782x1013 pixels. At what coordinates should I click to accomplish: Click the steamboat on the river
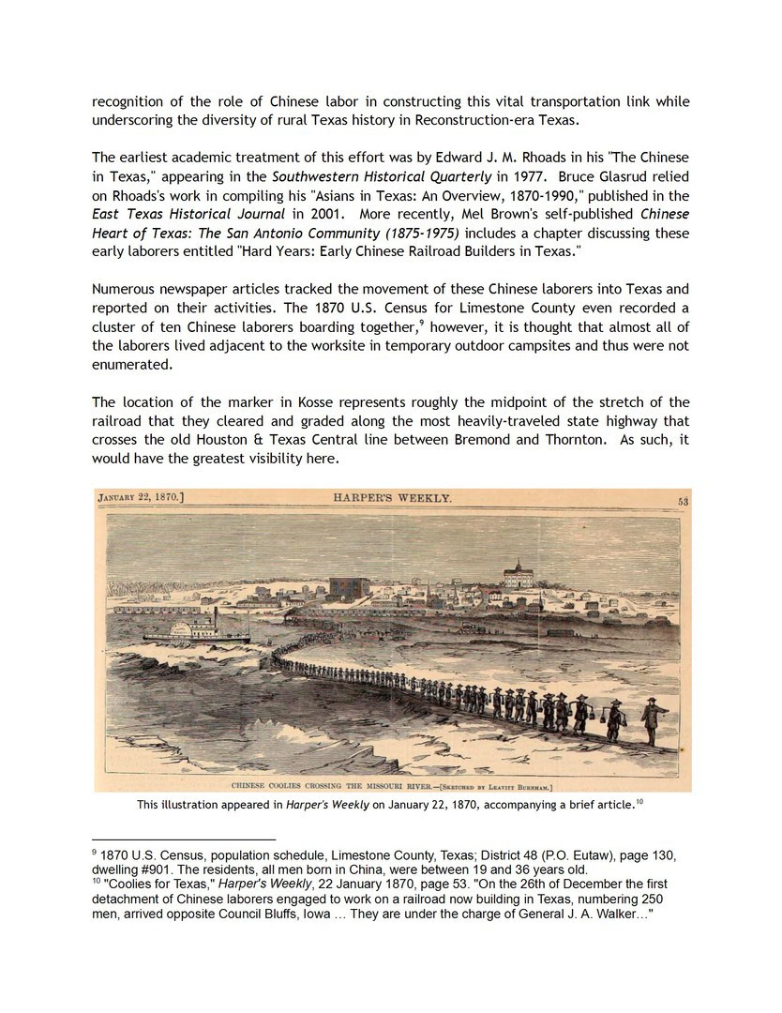coord(195,629)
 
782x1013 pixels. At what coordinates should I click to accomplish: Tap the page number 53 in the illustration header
coord(683,502)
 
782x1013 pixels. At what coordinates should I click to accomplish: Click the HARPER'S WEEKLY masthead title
coord(392,498)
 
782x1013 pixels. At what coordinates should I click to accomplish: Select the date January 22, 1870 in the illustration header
coord(141,498)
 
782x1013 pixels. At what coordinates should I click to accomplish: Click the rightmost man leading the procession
coord(651,723)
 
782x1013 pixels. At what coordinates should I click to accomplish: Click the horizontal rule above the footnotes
coord(184,839)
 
